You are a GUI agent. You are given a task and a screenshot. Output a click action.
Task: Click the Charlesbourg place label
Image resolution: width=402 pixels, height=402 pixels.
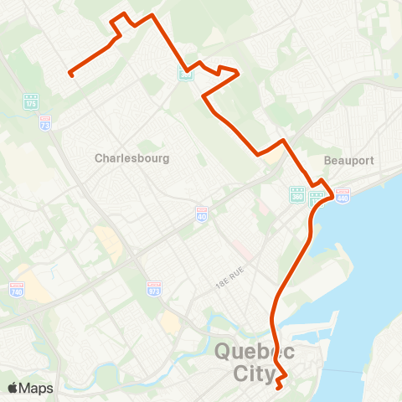click(x=132, y=157)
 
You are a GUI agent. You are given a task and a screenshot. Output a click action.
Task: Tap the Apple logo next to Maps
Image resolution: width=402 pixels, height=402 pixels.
click(x=14, y=389)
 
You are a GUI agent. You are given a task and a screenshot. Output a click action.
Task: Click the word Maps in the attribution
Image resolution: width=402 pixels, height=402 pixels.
click(x=37, y=389)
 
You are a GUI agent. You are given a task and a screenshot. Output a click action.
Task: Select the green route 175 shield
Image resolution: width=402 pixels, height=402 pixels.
click(x=31, y=101)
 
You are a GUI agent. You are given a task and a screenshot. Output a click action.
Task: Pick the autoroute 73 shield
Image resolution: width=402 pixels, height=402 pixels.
click(x=45, y=121)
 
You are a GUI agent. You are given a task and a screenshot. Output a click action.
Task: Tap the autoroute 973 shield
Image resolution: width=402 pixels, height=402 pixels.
click(x=153, y=290)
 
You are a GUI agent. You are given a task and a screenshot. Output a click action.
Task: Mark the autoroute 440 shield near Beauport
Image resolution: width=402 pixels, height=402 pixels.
click(x=343, y=195)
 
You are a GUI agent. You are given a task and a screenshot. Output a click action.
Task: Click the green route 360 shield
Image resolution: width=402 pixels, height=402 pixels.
click(x=296, y=195)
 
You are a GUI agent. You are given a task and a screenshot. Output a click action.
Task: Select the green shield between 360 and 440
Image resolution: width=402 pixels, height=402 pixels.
click(x=317, y=198)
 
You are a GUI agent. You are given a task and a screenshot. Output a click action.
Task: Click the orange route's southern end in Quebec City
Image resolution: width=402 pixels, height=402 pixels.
click(x=279, y=386)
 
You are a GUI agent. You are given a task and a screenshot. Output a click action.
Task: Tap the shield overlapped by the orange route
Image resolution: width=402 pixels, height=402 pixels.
click(x=185, y=74)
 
